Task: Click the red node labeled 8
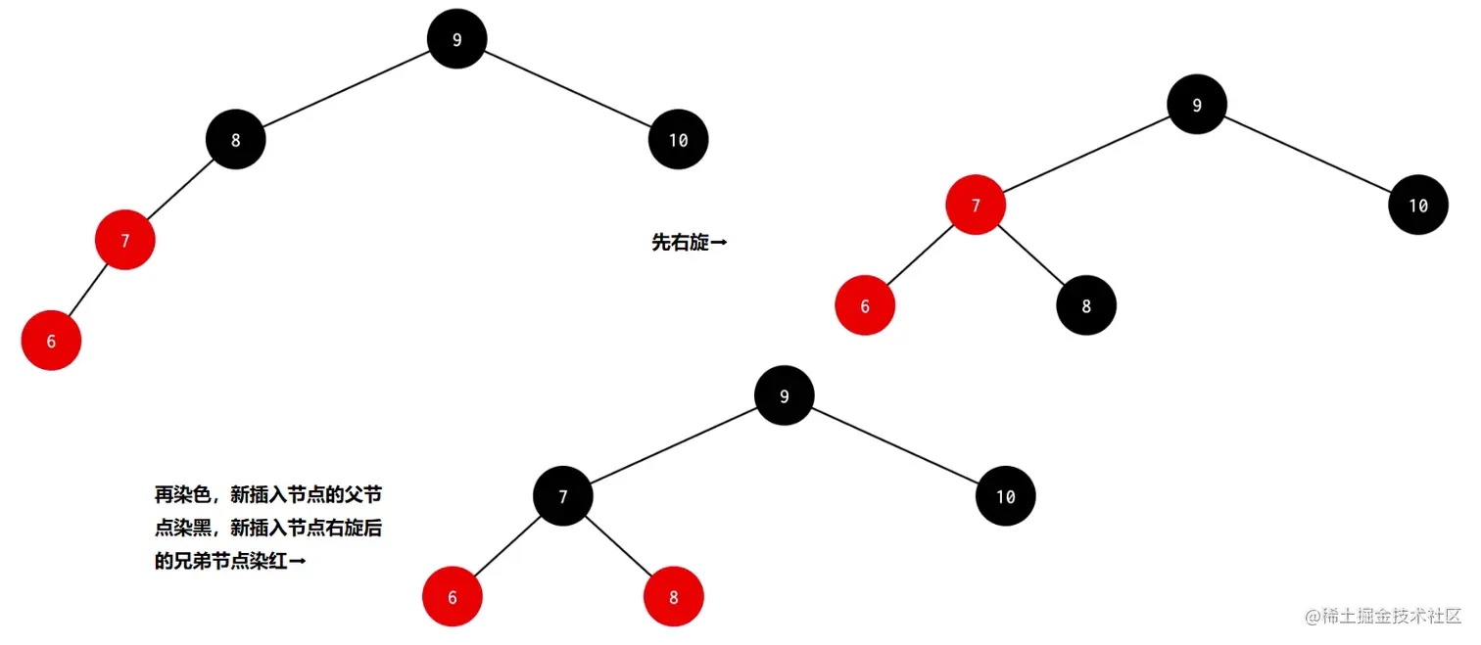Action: pos(674,596)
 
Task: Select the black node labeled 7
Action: pos(563,495)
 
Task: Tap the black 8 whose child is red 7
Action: pos(236,139)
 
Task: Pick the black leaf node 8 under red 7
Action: pos(1086,305)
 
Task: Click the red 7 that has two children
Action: pos(976,205)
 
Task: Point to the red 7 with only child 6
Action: pos(125,240)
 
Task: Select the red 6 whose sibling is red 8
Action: pos(453,596)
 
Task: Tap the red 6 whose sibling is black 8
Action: pos(865,305)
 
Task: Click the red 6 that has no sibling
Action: pos(51,341)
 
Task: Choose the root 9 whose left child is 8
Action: pos(457,39)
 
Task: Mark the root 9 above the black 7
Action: pos(785,395)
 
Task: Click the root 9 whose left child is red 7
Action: pos(1197,105)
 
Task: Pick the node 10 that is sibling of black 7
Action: pos(1006,495)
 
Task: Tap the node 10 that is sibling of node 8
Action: pos(679,139)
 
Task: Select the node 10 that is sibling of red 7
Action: pos(1418,205)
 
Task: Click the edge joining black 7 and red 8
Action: pos(618,545)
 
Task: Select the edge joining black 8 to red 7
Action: pos(181,189)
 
